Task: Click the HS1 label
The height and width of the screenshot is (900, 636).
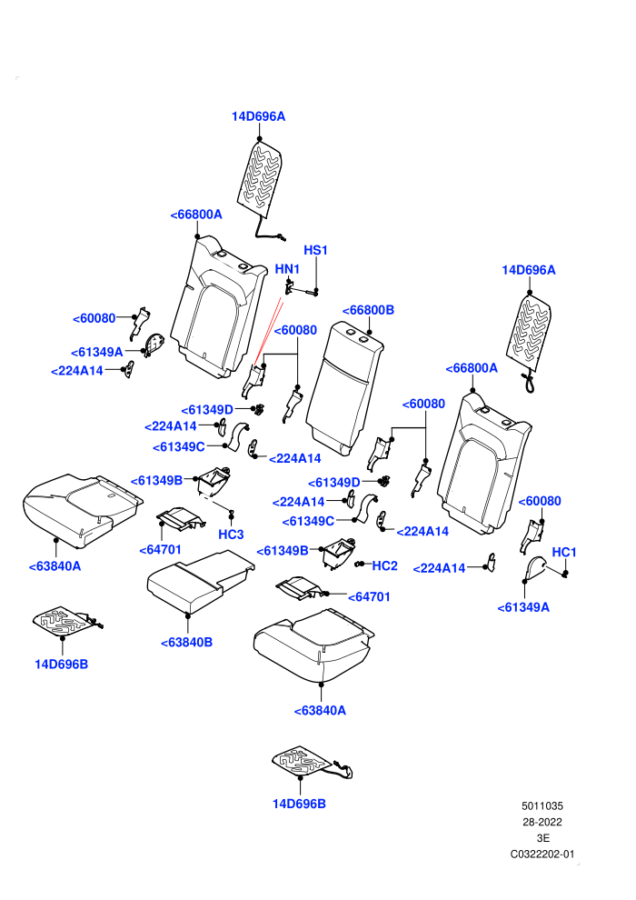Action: click(315, 250)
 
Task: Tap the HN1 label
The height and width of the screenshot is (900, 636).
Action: click(287, 269)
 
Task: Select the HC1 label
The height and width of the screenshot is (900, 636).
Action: click(563, 552)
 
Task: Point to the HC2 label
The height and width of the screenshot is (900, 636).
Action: click(385, 566)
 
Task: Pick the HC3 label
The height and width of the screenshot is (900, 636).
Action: click(231, 535)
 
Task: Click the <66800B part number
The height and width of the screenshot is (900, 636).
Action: click(368, 310)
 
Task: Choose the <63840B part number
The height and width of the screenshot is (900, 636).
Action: click(186, 643)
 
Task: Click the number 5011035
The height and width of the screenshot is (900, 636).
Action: click(542, 805)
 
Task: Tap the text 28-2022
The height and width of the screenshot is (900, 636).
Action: click(542, 822)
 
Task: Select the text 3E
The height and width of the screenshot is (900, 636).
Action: click(542, 838)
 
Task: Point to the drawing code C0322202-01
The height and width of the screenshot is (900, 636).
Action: click(542, 854)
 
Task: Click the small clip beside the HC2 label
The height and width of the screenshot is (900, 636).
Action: click(360, 565)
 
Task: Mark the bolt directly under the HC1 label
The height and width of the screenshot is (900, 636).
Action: click(565, 574)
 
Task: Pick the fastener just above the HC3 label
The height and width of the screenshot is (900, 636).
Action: click(232, 511)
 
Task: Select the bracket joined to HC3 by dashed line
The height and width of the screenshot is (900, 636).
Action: click(214, 481)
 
